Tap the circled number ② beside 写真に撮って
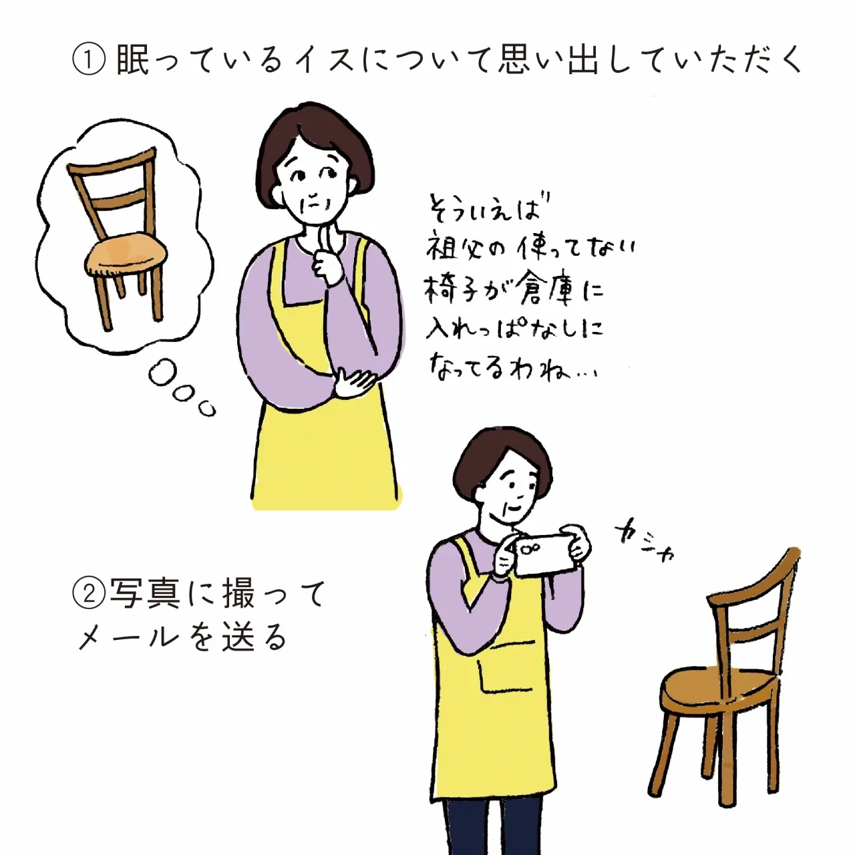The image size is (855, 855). point(89,594)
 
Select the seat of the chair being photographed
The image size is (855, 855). point(719,688)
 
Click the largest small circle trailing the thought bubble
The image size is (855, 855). point(163,373)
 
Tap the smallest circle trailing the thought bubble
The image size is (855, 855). point(207,409)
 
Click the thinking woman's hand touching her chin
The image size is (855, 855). point(329,257)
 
